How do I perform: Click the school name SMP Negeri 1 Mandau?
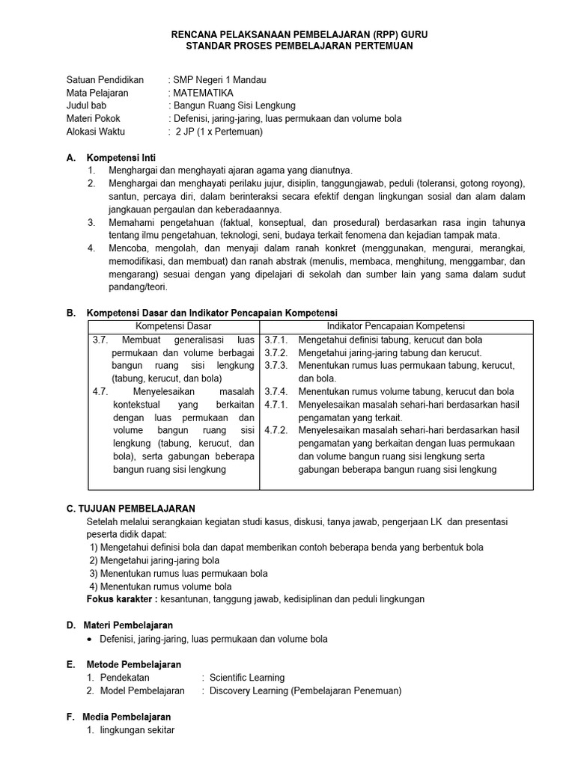tap(219, 80)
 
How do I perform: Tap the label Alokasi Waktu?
tap(96, 131)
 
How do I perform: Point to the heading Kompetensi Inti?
tap(121, 158)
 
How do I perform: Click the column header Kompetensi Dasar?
tap(174, 326)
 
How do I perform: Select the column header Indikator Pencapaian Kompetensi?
tap(396, 326)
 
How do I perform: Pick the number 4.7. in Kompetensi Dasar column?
tap(101, 391)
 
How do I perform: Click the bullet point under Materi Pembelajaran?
tap(91, 640)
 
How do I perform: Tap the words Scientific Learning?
tap(247, 678)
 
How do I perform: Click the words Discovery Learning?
tap(249, 690)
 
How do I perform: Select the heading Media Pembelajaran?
tap(127, 717)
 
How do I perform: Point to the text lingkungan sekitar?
tap(137, 729)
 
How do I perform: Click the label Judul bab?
tap(87, 105)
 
